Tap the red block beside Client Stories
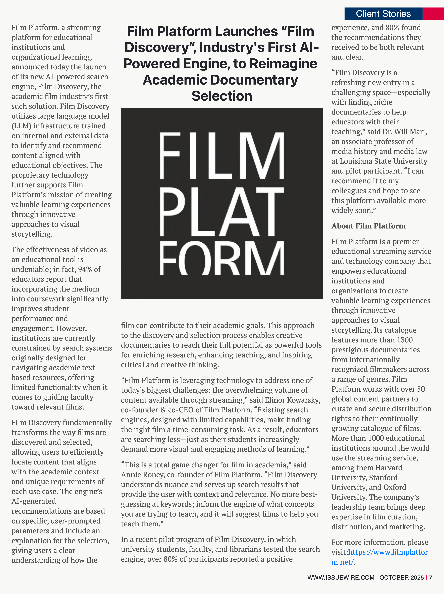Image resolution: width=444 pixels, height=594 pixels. (433, 14)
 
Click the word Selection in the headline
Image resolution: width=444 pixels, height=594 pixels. (222, 96)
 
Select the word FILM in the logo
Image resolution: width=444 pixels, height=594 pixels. (222, 156)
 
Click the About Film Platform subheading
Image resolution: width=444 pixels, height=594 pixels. (368, 226)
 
